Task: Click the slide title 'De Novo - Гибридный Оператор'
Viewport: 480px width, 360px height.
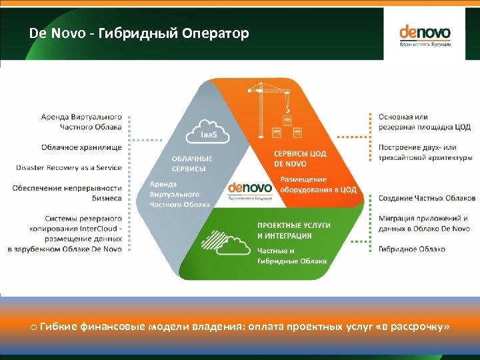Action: (139, 33)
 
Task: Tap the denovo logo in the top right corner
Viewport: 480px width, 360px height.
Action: (425, 35)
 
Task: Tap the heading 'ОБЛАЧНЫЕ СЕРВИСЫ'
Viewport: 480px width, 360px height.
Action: (192, 163)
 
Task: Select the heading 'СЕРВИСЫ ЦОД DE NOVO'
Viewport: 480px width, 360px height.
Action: (300, 158)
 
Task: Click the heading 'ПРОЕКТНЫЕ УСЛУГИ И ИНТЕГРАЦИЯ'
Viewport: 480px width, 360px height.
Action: (293, 231)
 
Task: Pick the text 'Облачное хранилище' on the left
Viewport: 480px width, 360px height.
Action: (81, 147)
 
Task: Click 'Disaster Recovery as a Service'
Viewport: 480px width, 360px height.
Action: (69, 167)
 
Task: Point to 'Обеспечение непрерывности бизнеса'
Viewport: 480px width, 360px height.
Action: (67, 193)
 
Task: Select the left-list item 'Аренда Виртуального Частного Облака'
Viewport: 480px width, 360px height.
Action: (81, 121)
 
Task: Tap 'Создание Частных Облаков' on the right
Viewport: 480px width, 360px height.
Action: (427, 198)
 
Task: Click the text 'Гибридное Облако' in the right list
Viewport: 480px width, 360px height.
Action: (411, 249)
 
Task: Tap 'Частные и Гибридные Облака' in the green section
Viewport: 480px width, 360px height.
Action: (292, 256)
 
